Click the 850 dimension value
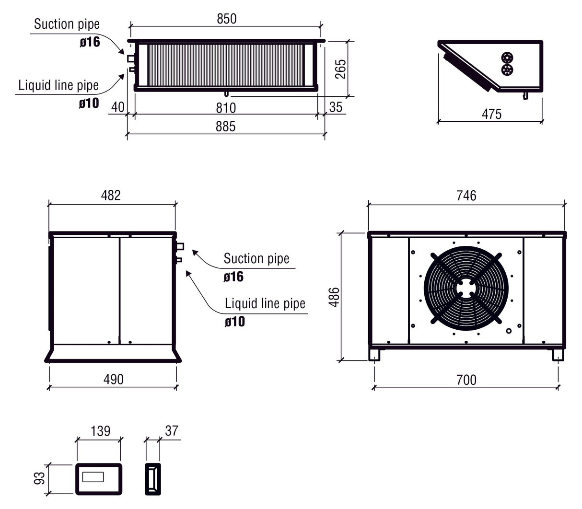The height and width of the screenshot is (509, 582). tap(226, 19)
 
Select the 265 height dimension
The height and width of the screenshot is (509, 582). tap(340, 69)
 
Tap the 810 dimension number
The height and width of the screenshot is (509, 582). tap(225, 108)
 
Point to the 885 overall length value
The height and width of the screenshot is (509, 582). tap(225, 127)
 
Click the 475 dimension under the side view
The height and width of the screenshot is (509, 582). tap(491, 114)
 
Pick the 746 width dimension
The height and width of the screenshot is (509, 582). tap(466, 196)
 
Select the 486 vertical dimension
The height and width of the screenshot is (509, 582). tap(334, 297)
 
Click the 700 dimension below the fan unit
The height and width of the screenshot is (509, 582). tap(466, 380)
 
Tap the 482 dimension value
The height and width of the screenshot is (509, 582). tap(111, 196)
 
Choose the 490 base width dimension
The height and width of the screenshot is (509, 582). tap(114, 380)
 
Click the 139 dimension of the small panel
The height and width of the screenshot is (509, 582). tap(100, 431)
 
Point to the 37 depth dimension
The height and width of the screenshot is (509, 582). tap(171, 431)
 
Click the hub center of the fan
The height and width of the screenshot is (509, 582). tap(466, 288)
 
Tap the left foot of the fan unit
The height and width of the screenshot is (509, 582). tap(374, 355)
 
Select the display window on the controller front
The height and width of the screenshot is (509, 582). tap(93, 477)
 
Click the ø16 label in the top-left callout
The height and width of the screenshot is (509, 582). tap(90, 42)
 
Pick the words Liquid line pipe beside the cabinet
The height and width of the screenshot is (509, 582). tap(265, 303)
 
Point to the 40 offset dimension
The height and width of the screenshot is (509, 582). tap(117, 107)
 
